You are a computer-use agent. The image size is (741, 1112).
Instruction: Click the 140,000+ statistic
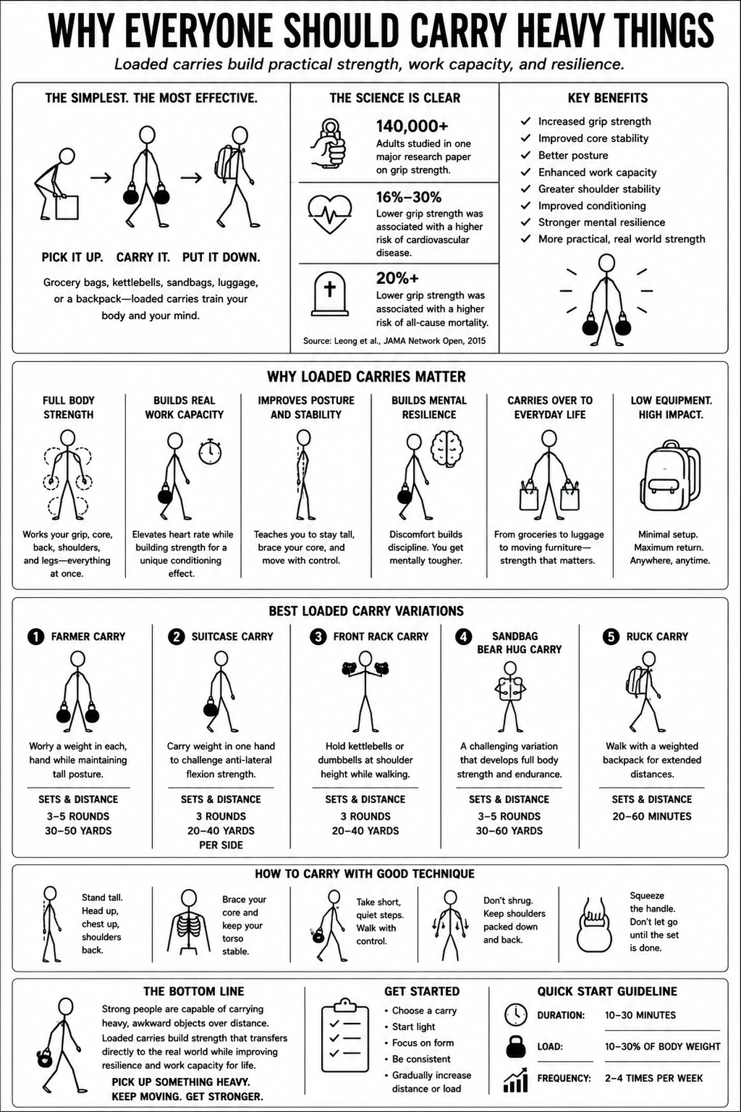pyautogui.click(x=412, y=126)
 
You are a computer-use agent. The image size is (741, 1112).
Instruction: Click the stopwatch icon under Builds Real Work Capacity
pyautogui.click(x=210, y=451)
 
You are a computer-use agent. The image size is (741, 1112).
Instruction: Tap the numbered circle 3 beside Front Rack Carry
pyautogui.click(x=318, y=636)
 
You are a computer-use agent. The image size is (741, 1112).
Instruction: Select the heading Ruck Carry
pyautogui.click(x=657, y=636)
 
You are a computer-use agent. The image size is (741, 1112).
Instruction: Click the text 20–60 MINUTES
pyautogui.click(x=652, y=816)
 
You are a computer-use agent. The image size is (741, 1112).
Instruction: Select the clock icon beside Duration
pyautogui.click(x=516, y=1015)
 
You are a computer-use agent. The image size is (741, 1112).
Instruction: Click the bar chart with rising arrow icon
pyautogui.click(x=516, y=1079)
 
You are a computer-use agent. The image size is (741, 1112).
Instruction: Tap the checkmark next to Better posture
pyautogui.click(x=526, y=155)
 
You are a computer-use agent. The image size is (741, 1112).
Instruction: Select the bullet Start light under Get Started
pyautogui.click(x=414, y=1027)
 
